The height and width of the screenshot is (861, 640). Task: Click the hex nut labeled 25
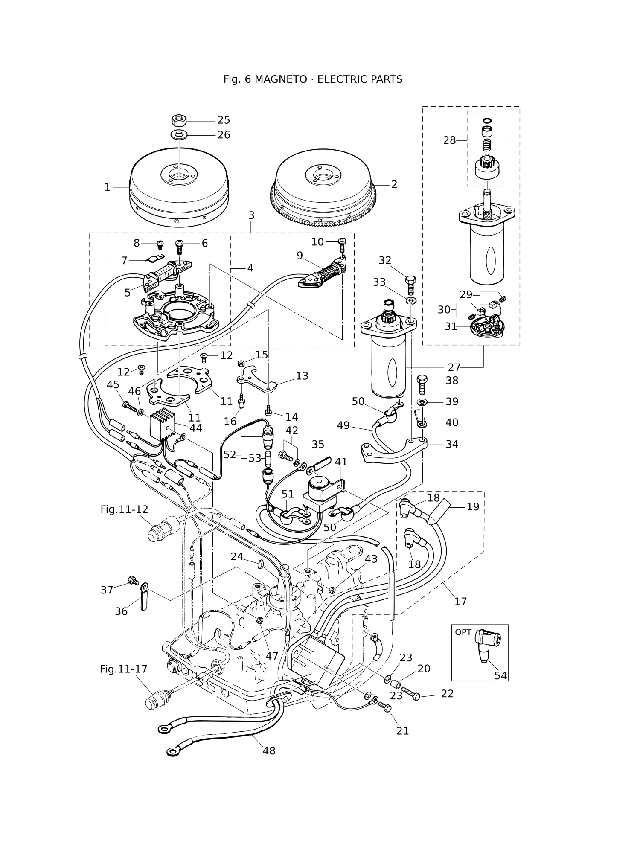(x=180, y=120)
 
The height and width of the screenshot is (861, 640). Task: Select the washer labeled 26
(x=180, y=135)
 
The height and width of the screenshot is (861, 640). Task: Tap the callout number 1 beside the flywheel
(x=108, y=187)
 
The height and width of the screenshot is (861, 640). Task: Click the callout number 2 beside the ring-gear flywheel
(x=394, y=184)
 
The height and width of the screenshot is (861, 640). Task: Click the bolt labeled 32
(x=410, y=285)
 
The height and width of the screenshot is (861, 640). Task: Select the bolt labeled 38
(x=422, y=384)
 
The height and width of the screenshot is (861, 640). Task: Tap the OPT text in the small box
(x=463, y=632)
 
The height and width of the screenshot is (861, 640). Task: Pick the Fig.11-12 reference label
(x=124, y=509)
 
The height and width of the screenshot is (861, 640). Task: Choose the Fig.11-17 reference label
(x=123, y=669)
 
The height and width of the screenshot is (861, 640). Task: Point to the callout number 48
(x=269, y=750)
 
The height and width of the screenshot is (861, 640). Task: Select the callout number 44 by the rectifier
(x=196, y=428)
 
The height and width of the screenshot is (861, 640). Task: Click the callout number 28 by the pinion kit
(x=449, y=140)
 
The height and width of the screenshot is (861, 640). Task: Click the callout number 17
(x=461, y=601)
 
